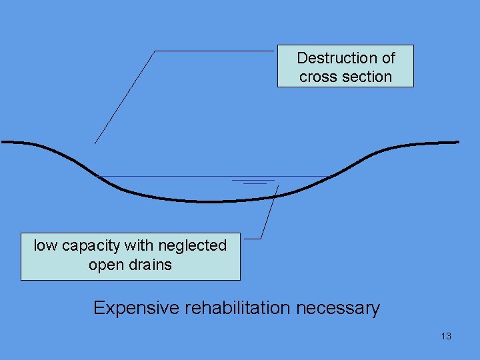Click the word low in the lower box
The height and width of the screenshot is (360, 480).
pyautogui.click(x=45, y=245)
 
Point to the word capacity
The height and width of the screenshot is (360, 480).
pyautogui.click(x=91, y=247)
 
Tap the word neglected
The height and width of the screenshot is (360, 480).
pyautogui.click(x=193, y=245)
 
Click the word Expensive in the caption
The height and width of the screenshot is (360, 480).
pyautogui.click(x=136, y=308)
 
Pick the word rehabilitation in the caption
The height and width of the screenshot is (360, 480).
pyautogui.click(x=237, y=307)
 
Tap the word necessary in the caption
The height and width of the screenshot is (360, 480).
pyautogui.click(x=338, y=309)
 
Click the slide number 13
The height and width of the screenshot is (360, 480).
pyautogui.click(x=446, y=336)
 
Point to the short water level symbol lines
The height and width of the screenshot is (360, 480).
pyautogui.click(x=253, y=182)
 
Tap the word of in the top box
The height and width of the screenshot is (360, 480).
pyautogui.click(x=389, y=58)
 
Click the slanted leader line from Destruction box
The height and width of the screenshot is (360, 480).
pyautogui.click(x=125, y=97)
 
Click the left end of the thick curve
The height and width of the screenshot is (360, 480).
pyautogui.click(x=2, y=142)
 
